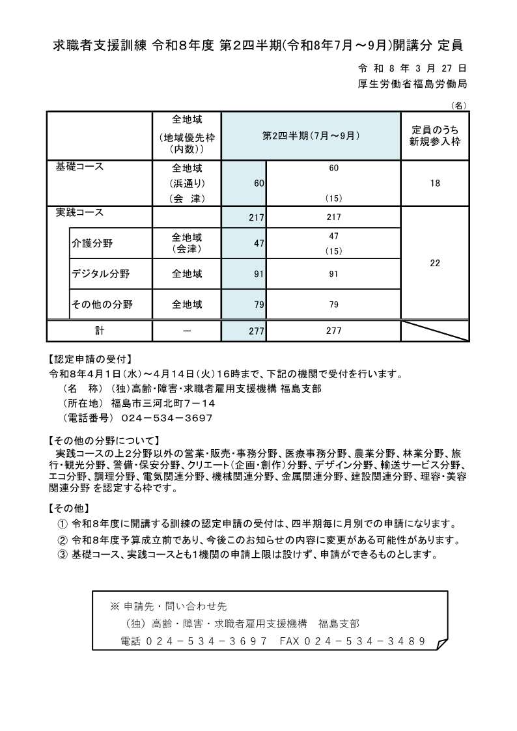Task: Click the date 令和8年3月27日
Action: click(412, 68)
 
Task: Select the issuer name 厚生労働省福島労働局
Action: click(412, 84)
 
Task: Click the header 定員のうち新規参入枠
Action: click(434, 135)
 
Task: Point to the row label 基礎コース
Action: click(80, 167)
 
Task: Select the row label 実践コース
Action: click(80, 213)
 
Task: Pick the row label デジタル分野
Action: click(101, 274)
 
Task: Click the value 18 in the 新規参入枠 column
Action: click(434, 184)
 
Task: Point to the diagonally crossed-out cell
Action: click(434, 331)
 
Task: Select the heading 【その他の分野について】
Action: click(103, 439)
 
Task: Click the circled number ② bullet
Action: click(63, 540)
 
